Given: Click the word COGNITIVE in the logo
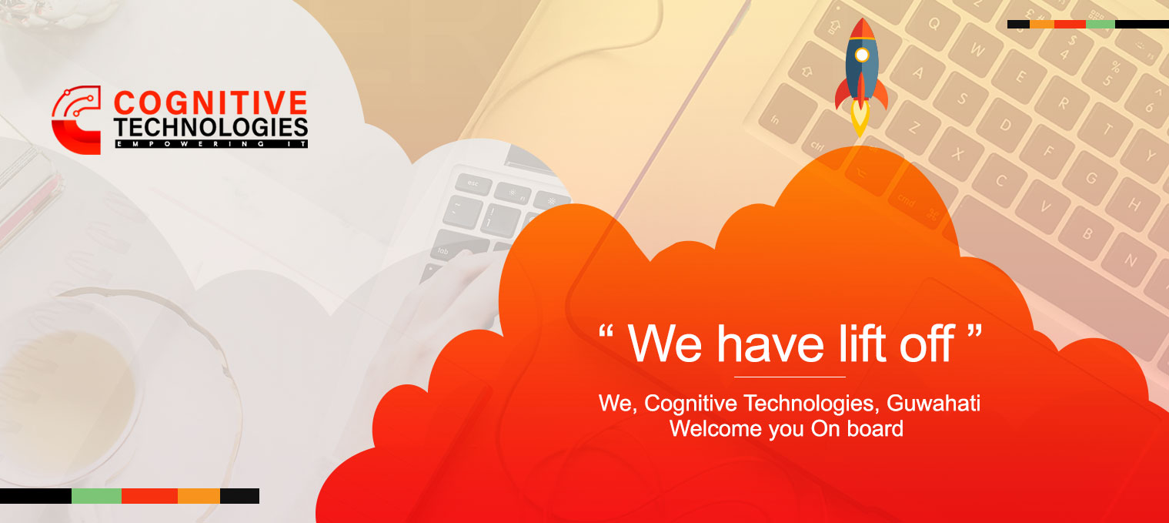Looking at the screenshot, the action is [211, 102].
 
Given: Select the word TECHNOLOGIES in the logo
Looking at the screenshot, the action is [211, 128].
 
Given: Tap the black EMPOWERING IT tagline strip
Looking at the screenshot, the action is [211, 144].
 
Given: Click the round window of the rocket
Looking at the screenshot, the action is [862, 55].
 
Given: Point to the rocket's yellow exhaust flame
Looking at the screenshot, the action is [860, 119].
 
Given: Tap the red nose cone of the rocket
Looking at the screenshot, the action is [862, 28].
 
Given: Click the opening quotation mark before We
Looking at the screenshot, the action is [606, 331].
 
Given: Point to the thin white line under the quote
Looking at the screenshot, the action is [790, 377].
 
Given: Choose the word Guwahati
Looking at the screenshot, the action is [933, 404].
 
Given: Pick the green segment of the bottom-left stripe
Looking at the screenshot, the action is [96, 496].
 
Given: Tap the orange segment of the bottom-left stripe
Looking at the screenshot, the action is [199, 496].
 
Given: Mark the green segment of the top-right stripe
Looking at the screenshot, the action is [1101, 24].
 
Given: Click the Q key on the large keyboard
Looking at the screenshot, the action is [933, 24].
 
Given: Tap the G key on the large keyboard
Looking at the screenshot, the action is [1091, 179].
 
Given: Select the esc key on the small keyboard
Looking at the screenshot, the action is [473, 183].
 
